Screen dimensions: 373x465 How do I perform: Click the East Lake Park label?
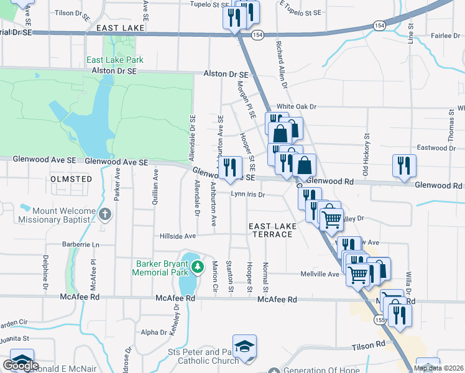(x=115, y=60)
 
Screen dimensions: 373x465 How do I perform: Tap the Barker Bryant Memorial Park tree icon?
(x=198, y=267)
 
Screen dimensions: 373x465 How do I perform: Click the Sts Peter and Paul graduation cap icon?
(x=244, y=346)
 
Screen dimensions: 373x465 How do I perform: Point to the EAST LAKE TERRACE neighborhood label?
(x=270, y=229)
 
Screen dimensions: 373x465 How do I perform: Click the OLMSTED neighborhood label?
(x=71, y=179)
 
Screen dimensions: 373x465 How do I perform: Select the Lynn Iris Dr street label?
(x=248, y=195)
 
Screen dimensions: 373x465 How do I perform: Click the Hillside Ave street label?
(x=178, y=236)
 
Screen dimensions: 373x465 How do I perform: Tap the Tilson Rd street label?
(x=369, y=345)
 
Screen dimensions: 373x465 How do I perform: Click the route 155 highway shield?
(x=379, y=319)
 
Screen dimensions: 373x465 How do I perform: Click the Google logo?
(x=21, y=366)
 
